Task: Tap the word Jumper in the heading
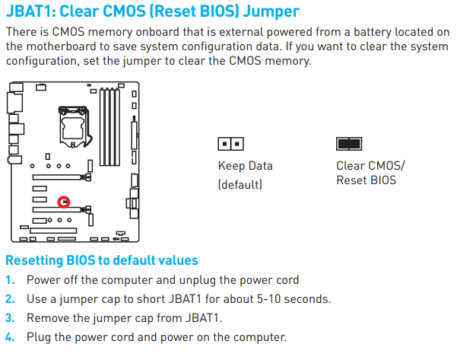click(271, 12)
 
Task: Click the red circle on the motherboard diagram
click(64, 202)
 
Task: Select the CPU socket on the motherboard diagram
click(74, 127)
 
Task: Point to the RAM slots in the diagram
click(109, 127)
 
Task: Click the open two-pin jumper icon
click(230, 144)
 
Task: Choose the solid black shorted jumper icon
click(349, 144)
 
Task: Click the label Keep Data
click(246, 166)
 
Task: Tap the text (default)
click(240, 185)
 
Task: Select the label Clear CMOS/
click(370, 166)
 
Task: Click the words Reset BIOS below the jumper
click(367, 180)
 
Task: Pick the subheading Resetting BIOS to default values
click(102, 260)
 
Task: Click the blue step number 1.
click(10, 280)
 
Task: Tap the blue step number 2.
click(10, 299)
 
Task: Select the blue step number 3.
click(10, 318)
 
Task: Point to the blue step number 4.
click(10, 337)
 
